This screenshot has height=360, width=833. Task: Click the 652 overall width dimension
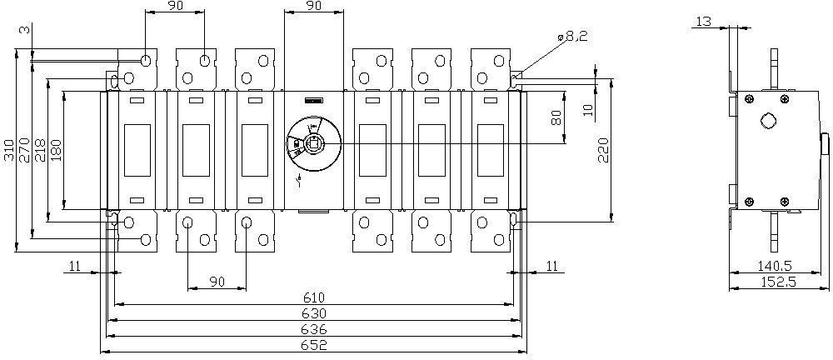click(x=313, y=345)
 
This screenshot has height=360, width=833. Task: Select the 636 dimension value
click(x=313, y=329)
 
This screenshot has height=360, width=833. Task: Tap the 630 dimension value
click(x=313, y=313)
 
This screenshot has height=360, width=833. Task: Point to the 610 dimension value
click(x=313, y=297)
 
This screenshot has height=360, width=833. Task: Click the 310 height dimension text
click(x=8, y=148)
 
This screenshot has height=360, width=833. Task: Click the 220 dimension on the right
click(x=604, y=151)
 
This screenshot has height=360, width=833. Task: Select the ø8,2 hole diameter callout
click(x=572, y=37)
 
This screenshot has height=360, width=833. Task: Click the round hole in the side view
click(x=769, y=120)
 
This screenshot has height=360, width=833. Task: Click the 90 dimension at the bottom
click(x=217, y=282)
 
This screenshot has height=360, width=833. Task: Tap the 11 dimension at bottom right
click(x=552, y=266)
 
